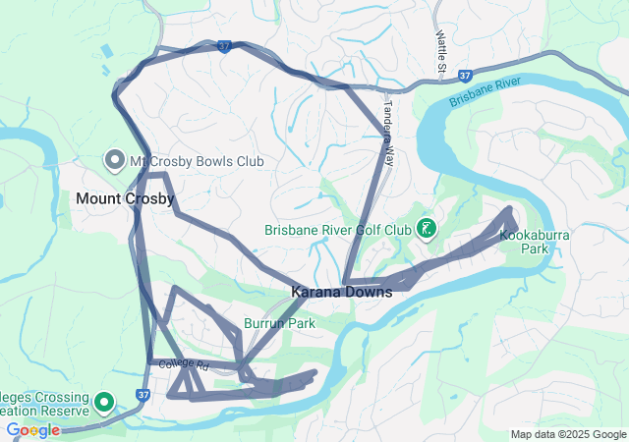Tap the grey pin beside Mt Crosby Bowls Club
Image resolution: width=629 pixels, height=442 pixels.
click(x=114, y=160)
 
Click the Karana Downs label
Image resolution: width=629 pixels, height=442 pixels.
click(x=341, y=293)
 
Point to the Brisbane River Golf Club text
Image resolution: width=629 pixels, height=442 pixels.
click(x=337, y=231)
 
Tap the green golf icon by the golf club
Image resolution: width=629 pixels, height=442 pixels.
click(x=427, y=230)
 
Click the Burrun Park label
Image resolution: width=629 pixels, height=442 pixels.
click(x=279, y=322)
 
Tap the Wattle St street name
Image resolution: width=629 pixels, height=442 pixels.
click(x=440, y=49)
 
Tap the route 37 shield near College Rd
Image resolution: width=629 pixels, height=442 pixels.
click(x=143, y=395)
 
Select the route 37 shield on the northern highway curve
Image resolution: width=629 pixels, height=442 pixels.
click(x=225, y=46)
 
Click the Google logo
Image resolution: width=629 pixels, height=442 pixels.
click(x=32, y=430)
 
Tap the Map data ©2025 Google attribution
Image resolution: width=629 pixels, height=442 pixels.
click(x=567, y=434)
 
